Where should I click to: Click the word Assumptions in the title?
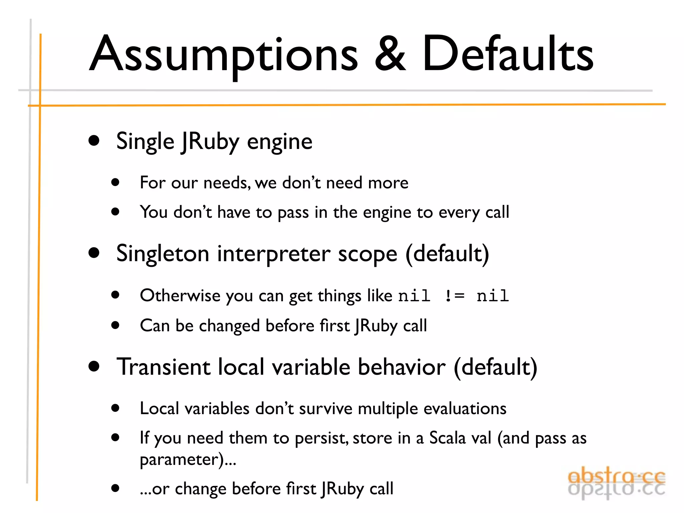tap(224, 55)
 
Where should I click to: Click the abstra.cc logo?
tap(617, 483)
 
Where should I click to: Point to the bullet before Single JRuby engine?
tap(94, 141)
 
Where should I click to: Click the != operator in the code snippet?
tap(455, 296)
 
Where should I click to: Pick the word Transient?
tap(163, 367)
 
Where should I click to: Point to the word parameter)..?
tap(182, 460)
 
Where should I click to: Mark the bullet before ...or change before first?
tap(116, 488)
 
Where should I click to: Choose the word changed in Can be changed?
tap(229, 326)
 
